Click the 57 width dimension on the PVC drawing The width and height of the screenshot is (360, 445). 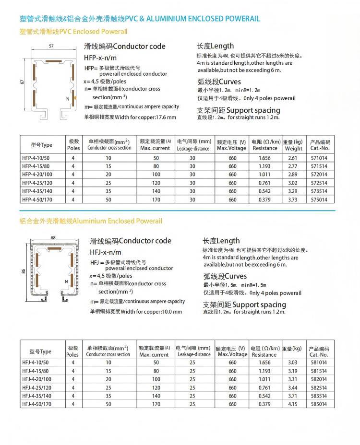click(x=50, y=46)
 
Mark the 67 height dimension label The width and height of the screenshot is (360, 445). click(x=22, y=82)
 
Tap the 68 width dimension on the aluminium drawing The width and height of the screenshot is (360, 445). click(x=53, y=237)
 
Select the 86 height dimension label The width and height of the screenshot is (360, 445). click(x=23, y=271)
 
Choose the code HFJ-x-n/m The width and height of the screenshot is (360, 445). click(x=106, y=252)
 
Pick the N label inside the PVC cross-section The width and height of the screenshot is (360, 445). click(x=68, y=99)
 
